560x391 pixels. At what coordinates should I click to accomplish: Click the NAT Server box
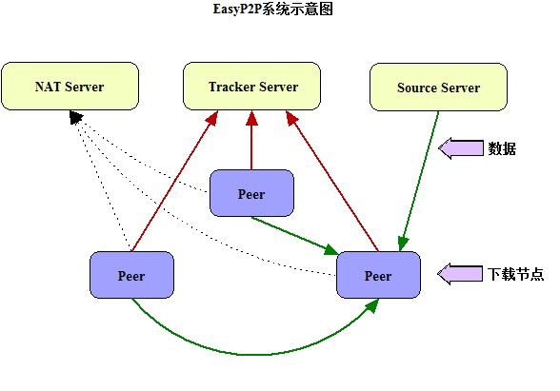tap(70, 86)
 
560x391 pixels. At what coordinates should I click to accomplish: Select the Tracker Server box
tap(251, 86)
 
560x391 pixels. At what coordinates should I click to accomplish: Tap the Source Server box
tap(438, 88)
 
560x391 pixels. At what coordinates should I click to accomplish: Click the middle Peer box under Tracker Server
tap(251, 193)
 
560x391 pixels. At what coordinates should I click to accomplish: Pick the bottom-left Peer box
tap(131, 275)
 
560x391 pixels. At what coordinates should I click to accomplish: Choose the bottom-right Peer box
tap(379, 275)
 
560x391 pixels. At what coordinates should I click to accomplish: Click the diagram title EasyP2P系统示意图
tap(272, 9)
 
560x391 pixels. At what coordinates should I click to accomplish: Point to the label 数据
tap(502, 148)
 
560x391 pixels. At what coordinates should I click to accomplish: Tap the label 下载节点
tap(516, 274)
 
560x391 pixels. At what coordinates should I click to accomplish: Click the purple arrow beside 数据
tap(461, 148)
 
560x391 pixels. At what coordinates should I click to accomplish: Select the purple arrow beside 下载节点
tap(460, 274)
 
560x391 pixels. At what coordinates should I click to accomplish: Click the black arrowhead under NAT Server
tap(76, 117)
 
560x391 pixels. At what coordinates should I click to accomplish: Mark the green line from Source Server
tap(420, 181)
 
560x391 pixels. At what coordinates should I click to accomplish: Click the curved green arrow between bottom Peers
tap(250, 355)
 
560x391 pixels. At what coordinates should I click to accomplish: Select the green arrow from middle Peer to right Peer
tap(294, 235)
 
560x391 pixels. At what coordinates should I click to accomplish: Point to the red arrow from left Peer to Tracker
tap(174, 181)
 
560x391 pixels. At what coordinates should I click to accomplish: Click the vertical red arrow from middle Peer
tap(251, 140)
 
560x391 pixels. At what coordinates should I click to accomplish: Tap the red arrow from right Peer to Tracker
tap(332, 181)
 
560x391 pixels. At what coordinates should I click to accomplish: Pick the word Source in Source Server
tap(417, 88)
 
